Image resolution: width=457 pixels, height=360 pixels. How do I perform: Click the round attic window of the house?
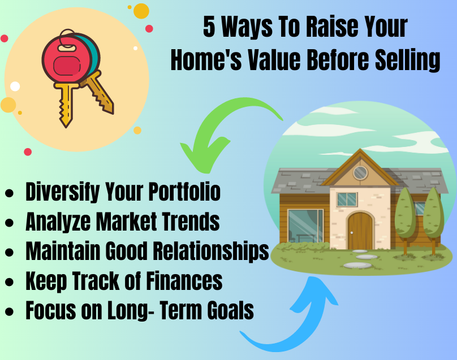point(360,173)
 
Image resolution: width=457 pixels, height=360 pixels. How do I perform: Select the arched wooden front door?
point(360,231)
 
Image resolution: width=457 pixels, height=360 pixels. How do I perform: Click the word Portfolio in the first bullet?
point(184,192)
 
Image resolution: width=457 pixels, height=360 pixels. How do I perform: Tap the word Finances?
point(184,281)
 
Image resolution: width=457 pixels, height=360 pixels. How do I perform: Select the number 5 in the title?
point(209,27)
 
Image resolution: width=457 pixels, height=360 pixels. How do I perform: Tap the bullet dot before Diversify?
point(9,193)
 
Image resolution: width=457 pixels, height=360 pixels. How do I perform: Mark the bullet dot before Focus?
point(9,311)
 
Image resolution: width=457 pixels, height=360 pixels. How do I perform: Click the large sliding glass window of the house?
point(305,225)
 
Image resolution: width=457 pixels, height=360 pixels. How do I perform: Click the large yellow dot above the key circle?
point(141,11)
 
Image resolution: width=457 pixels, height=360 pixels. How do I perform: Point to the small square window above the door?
point(347,199)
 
